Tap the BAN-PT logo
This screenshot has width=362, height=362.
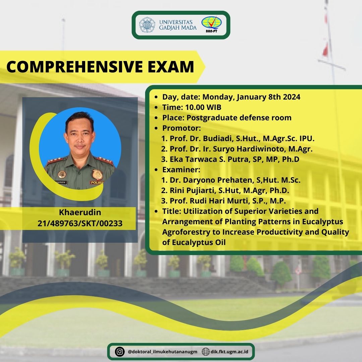click(211, 25)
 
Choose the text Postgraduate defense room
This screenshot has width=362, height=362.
click(239, 118)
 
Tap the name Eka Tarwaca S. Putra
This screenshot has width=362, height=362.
click(208, 159)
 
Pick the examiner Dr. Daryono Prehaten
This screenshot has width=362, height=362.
click(213, 180)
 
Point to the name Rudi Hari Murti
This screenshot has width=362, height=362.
click(228, 201)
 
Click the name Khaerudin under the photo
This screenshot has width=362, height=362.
click(80, 213)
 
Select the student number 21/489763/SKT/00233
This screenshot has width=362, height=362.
click(80, 223)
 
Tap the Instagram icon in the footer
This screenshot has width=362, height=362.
click(119, 352)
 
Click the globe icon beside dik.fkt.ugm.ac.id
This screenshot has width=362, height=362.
click(206, 352)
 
